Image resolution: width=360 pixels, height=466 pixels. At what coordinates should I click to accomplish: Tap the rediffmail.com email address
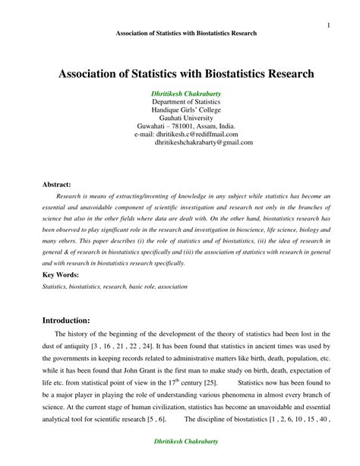pyautogui.click(x=201, y=135)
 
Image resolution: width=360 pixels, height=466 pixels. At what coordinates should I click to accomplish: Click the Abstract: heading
pyautogui.click(x=57, y=184)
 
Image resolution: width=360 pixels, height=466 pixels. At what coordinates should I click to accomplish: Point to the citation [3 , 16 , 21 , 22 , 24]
pyautogui.click(x=112, y=346)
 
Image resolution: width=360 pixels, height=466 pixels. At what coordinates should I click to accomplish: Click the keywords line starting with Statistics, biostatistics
pyautogui.click(x=114, y=287)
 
